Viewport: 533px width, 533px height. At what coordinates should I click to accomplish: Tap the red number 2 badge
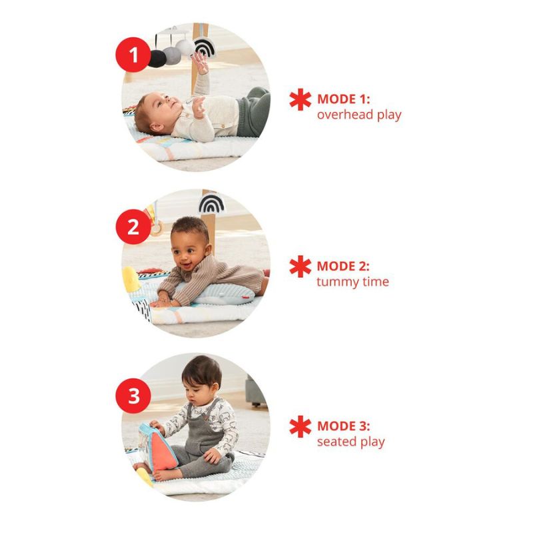click(134, 227)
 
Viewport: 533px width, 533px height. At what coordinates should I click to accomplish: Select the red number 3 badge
click(134, 396)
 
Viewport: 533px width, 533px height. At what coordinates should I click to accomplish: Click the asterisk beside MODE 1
click(300, 100)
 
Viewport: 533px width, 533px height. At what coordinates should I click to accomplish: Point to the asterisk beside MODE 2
click(300, 266)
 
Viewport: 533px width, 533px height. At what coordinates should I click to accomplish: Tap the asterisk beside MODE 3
click(300, 426)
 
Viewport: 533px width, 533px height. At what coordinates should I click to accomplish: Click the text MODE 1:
click(343, 100)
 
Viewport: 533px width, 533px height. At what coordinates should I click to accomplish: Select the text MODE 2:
click(343, 266)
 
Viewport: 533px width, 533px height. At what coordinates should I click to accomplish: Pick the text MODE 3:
click(343, 426)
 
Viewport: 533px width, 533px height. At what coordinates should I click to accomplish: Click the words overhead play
click(359, 115)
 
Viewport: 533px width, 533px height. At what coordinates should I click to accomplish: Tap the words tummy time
click(352, 282)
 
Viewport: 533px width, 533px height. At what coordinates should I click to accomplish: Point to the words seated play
click(350, 442)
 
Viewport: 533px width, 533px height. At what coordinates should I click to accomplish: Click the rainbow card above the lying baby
click(203, 47)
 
